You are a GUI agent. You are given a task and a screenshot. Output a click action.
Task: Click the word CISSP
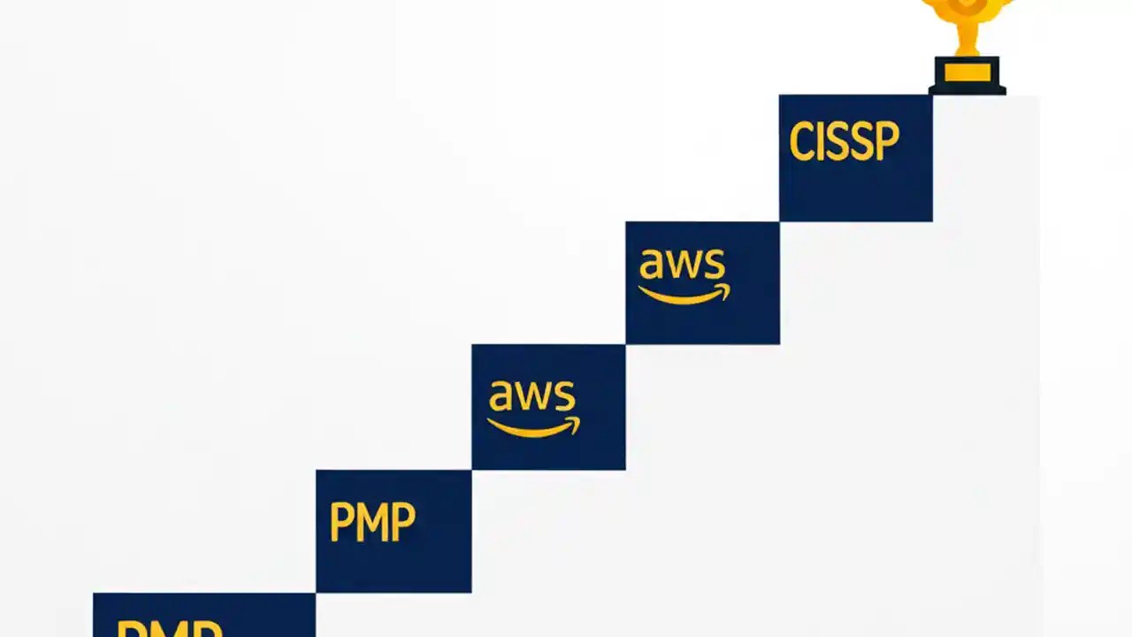[844, 142]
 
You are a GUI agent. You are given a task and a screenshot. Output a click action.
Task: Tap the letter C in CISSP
[802, 142]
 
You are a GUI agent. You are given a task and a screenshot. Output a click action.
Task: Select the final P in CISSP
[885, 142]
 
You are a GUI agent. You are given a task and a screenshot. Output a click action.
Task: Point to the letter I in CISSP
[822, 142]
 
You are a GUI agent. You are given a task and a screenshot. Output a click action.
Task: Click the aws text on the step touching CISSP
[682, 265]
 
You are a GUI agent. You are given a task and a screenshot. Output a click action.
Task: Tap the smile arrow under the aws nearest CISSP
[685, 295]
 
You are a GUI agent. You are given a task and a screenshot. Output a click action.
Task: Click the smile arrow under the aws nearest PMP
[535, 427]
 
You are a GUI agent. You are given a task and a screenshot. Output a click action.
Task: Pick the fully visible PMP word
[372, 522]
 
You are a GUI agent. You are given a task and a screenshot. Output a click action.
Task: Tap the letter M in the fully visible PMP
[372, 522]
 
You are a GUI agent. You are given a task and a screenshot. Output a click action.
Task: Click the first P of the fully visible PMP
[340, 522]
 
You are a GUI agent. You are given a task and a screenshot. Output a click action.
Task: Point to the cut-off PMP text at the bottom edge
[170, 628]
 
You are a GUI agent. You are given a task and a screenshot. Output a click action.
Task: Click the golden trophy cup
[966, 11]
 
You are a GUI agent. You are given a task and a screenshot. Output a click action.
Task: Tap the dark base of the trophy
[967, 87]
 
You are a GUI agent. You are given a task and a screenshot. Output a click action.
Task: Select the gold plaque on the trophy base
[967, 72]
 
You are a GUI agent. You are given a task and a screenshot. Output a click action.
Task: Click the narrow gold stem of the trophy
[967, 40]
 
